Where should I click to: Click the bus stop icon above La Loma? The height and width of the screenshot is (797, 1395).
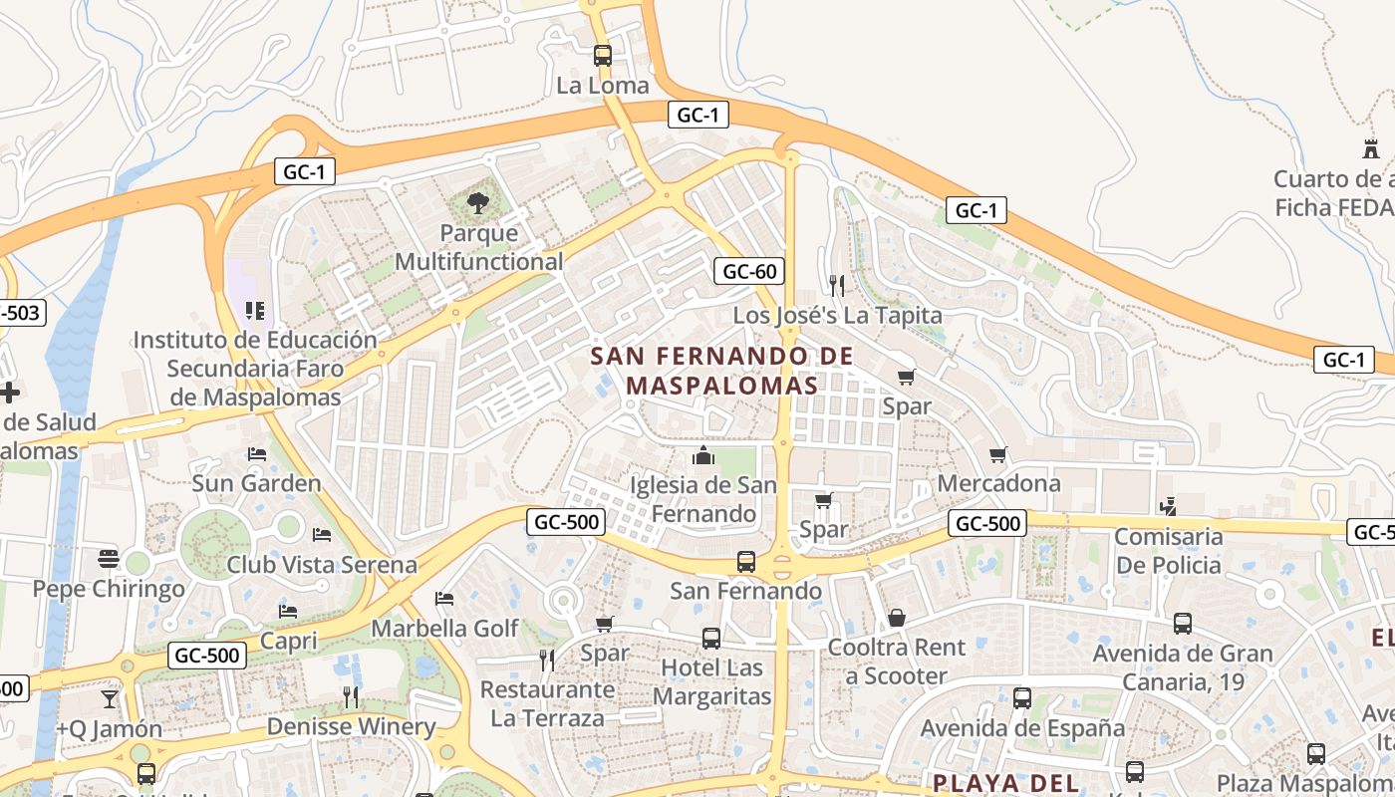coord(602,56)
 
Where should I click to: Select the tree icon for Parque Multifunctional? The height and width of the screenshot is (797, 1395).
coord(478,204)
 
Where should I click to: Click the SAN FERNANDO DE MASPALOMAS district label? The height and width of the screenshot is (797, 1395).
coord(721,371)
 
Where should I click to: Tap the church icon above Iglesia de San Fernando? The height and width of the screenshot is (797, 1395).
coord(704,456)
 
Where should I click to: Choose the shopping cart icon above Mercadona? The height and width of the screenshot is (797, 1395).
coord(998,454)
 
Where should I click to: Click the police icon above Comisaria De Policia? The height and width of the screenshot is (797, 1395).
coord(1168,507)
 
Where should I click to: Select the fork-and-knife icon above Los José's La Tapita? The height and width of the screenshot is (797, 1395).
coord(837,286)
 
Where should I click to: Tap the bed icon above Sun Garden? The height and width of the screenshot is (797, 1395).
coord(257,454)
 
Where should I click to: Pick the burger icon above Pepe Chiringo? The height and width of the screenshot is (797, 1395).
coord(109,559)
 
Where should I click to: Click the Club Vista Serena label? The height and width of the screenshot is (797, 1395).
coord(322,565)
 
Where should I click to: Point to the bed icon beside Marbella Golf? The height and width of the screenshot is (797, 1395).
coord(444,599)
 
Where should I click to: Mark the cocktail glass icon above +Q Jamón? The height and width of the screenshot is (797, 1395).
coord(109,699)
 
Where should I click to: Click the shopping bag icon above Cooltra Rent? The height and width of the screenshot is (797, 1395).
coord(897,618)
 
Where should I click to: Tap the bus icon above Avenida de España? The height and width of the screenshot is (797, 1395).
coord(1022,698)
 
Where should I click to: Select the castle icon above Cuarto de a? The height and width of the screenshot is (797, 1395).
coord(1371,149)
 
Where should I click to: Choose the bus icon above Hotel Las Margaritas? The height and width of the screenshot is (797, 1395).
coord(711,639)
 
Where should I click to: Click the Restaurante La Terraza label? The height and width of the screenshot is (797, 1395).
coord(547,703)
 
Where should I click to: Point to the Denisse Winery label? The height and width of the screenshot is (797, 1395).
coord(351,726)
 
